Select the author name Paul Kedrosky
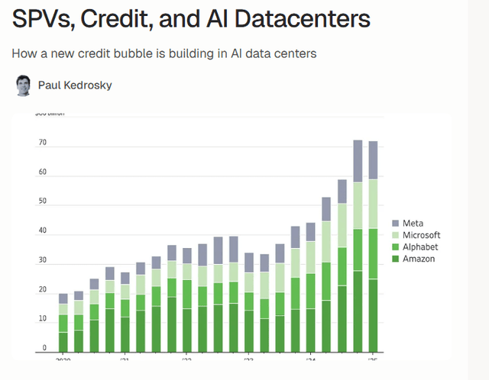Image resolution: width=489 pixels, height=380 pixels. [x=75, y=85]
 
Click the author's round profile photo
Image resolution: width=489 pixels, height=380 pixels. [x=24, y=85]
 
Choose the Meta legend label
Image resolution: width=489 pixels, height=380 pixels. [x=413, y=223]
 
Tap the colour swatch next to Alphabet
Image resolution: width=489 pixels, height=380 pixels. [x=395, y=247]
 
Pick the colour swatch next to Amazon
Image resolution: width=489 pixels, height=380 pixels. [x=395, y=259]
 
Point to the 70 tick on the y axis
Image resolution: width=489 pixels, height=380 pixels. [x=42, y=143]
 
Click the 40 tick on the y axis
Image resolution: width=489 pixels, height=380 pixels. [x=42, y=232]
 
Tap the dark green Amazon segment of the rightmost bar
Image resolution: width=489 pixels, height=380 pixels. [x=374, y=314]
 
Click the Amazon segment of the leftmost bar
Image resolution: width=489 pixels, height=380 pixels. [x=63, y=341]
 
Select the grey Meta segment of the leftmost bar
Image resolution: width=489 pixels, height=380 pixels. [x=63, y=298]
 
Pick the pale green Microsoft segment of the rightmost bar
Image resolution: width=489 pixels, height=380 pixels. [x=374, y=204]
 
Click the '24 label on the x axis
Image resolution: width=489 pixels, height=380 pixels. [x=310, y=358]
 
